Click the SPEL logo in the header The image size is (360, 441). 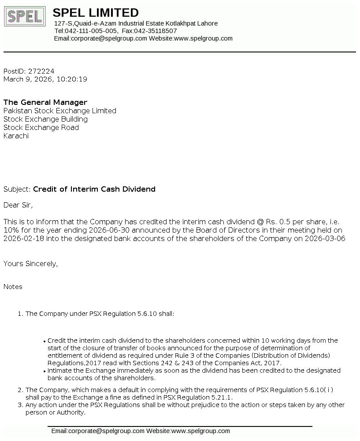(x=25, y=16)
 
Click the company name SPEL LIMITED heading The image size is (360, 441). (x=96, y=13)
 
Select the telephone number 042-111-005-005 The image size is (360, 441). (x=92, y=31)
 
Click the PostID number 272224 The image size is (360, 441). (x=41, y=71)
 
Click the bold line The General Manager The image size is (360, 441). (x=45, y=102)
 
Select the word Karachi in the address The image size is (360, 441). (x=16, y=136)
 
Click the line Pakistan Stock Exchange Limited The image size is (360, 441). (x=60, y=111)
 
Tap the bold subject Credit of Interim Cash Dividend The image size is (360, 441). (x=94, y=189)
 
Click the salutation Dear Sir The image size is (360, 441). (x=18, y=205)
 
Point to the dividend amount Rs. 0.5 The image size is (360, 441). (x=280, y=222)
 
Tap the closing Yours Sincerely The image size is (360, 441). (x=30, y=263)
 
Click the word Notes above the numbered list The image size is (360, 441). (x=13, y=286)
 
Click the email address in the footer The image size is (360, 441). (x=98, y=431)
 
